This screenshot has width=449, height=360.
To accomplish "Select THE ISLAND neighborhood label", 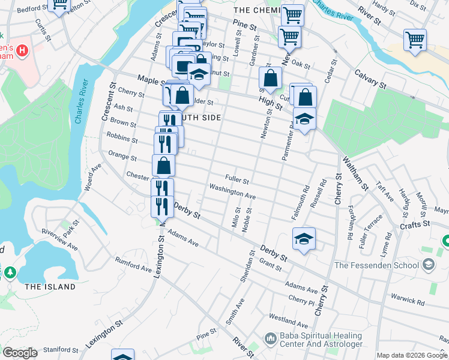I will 50,287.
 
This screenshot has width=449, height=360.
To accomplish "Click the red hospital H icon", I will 22,50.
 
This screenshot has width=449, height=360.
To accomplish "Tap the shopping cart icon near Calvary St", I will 415,40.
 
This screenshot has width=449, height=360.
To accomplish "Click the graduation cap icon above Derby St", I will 304,239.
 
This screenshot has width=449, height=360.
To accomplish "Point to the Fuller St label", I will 237,178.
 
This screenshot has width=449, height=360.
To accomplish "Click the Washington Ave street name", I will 232,191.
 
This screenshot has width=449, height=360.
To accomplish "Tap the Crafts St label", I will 416,224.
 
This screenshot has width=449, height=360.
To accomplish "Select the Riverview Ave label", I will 60,238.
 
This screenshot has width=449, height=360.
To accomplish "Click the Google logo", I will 20,353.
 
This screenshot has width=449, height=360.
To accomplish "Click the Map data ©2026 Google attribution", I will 412,355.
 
